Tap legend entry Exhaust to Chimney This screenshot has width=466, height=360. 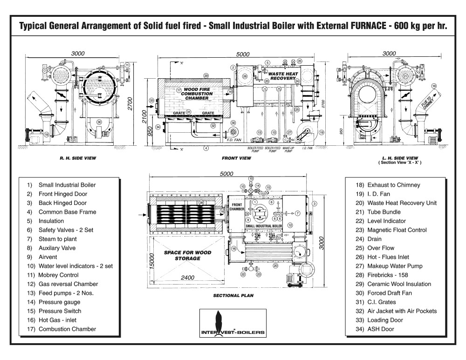tap(393, 185)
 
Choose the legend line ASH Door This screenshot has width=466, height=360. tap(380, 329)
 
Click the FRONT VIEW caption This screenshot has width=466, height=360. tap(236, 158)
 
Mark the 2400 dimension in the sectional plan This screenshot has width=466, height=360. tap(188, 277)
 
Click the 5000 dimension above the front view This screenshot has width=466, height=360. tap(243, 54)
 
